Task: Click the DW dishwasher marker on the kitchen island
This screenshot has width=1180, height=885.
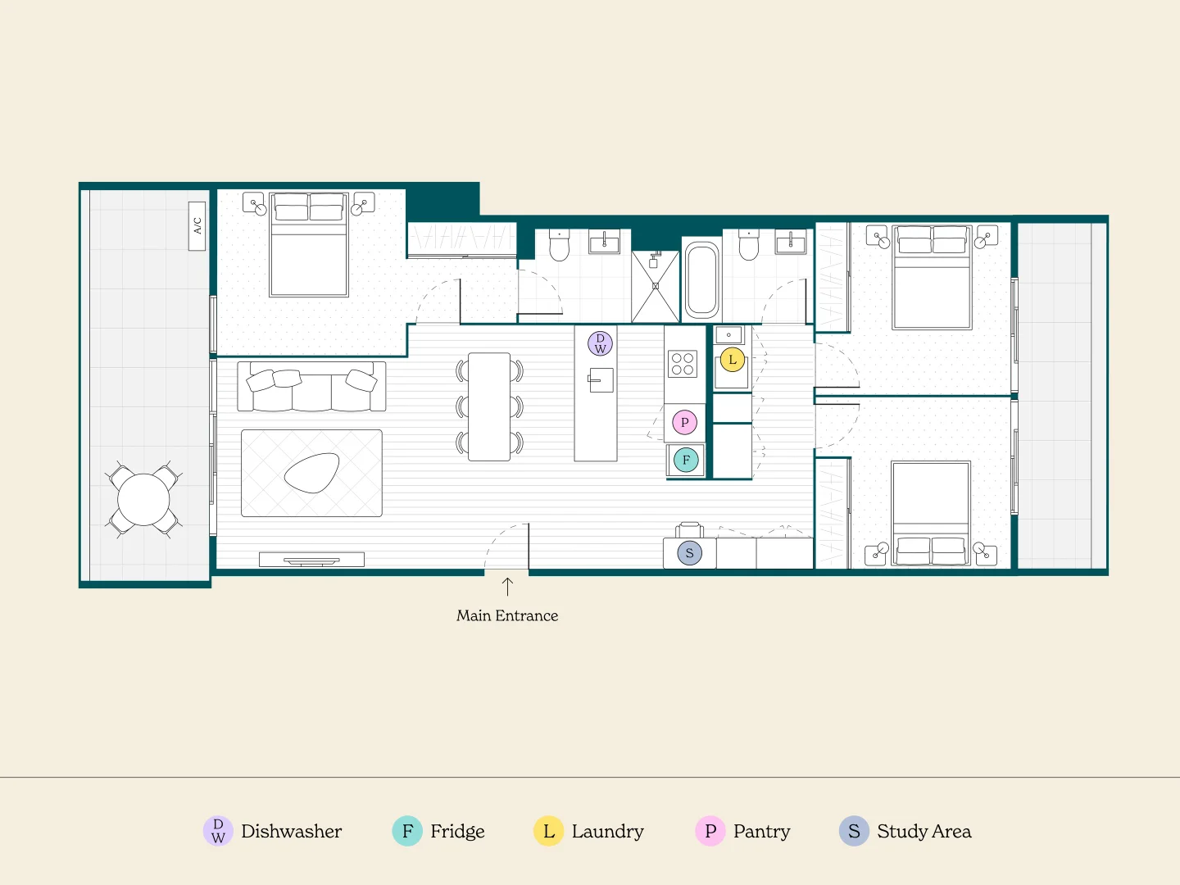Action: coord(600,343)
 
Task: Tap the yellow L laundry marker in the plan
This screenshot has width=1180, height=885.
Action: coord(733,359)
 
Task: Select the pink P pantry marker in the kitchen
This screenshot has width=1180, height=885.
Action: coord(684,422)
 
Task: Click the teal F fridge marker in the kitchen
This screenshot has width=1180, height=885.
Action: coord(686,460)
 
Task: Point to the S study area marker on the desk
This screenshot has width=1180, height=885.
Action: coord(689,553)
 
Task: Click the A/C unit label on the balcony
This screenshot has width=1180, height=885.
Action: coord(197,225)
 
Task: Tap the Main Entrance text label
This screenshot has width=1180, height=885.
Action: coord(506,615)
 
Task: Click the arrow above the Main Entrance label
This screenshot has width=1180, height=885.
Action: coord(507,586)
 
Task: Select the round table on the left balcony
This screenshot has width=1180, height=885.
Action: coord(143,499)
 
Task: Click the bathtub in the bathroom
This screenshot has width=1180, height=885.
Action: coord(701,279)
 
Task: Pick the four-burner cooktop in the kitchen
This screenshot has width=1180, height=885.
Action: coord(683,364)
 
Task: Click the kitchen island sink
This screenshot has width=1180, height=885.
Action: coord(601,380)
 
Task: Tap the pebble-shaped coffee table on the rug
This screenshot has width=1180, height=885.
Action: coord(311,473)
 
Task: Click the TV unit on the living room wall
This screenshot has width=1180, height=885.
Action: coord(311,560)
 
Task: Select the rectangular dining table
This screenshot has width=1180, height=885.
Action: coord(489,406)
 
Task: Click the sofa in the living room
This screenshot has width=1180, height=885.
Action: coord(311,387)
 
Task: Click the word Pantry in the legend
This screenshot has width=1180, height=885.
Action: coord(761,831)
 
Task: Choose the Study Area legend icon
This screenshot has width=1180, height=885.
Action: coord(854,831)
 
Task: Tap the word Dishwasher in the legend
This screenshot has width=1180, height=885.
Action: coord(291,831)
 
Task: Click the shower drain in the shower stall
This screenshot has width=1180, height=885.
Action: coord(656,286)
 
